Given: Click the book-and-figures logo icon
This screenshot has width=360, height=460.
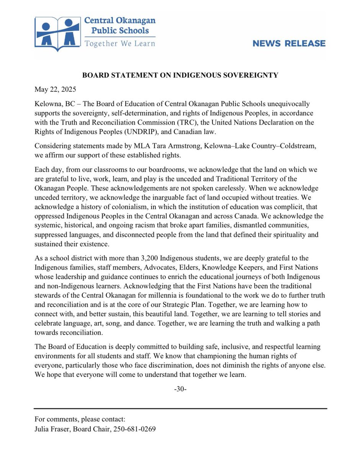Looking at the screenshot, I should [58, 34].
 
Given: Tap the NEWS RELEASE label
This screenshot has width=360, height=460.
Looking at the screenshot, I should [289, 43].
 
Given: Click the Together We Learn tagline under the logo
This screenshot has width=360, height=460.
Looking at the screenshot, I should [120, 43].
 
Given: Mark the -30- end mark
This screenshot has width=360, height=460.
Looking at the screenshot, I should [180, 389].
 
